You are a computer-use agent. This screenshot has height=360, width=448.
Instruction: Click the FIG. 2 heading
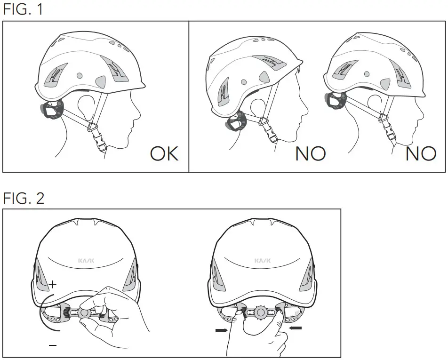[24, 198]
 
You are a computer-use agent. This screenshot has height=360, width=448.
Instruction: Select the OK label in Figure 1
[164, 154]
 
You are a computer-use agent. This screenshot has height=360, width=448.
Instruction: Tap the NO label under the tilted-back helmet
[311, 154]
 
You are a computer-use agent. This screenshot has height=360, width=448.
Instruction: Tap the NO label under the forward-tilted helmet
[421, 154]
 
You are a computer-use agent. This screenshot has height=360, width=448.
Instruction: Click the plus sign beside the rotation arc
[52, 284]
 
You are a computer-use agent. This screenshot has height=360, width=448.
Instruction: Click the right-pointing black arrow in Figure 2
[221, 330]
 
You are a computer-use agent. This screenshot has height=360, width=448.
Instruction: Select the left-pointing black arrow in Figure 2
[295, 328]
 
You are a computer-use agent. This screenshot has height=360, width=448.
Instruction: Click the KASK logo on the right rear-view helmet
[262, 260]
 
